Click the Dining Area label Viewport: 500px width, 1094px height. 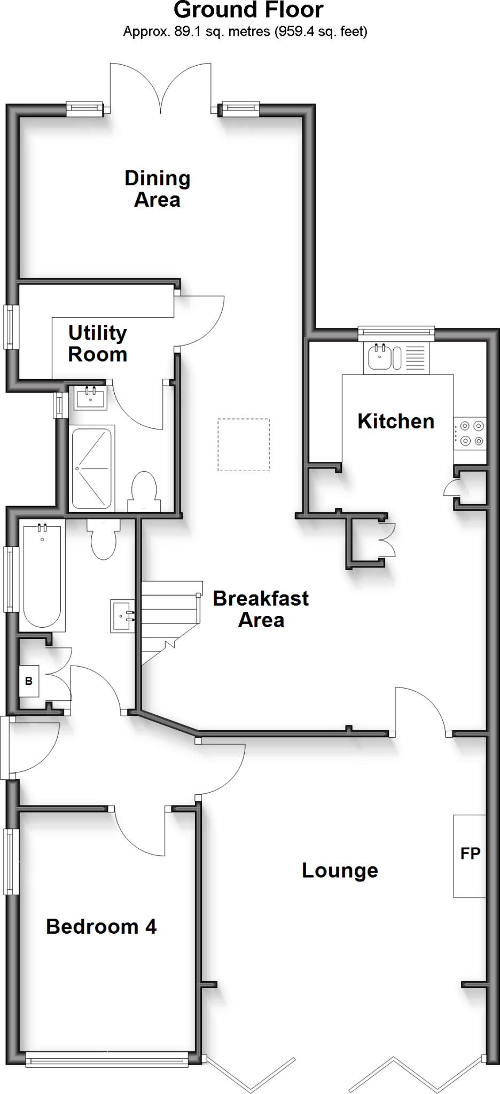157,189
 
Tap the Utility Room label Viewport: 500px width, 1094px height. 97,343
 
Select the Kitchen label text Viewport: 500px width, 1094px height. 395,421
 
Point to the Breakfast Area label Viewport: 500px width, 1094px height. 261,609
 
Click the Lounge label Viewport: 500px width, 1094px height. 340,870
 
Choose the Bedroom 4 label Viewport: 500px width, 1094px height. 101,927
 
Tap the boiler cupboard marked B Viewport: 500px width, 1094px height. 29,681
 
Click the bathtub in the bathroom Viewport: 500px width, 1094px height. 42,576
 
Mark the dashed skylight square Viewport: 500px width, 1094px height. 244,445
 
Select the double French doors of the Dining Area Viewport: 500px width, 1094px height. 160,88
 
